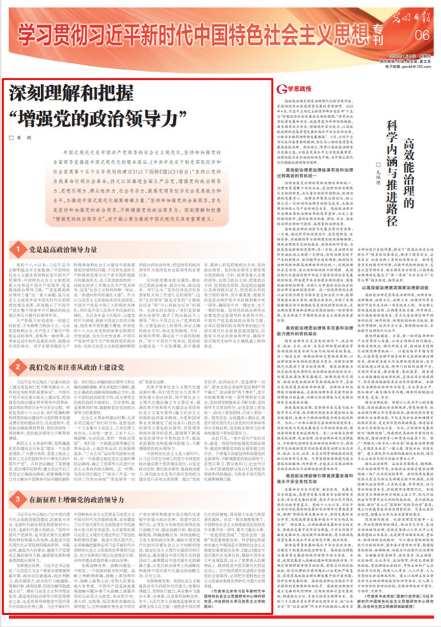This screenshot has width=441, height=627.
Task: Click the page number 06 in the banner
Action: [x=422, y=35]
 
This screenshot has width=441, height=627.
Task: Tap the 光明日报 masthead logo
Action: [x=411, y=18]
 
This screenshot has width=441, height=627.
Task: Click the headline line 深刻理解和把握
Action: [x=71, y=94]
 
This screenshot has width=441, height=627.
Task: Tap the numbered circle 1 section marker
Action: [x=17, y=249]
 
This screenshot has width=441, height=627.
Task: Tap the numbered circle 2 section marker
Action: [x=17, y=366]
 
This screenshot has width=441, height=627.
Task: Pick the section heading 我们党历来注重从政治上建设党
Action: [x=76, y=366]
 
